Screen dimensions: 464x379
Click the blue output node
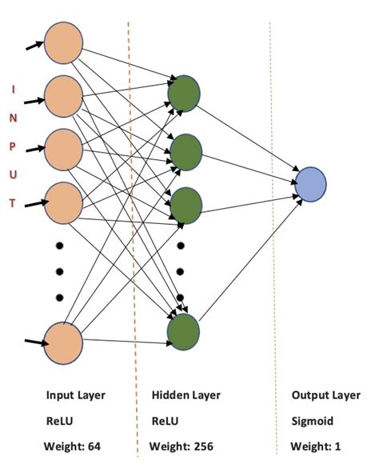click(310, 183)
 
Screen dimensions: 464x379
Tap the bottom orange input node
click(64, 342)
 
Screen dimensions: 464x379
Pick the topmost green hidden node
click(184, 93)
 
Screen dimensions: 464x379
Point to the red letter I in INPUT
click(12, 90)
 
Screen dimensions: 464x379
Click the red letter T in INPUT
click(12, 203)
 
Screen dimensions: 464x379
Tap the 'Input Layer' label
click(75, 396)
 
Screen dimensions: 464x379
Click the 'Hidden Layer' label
click(186, 396)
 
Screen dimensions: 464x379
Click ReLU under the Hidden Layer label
click(166, 421)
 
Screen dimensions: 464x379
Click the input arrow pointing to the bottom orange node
click(34, 343)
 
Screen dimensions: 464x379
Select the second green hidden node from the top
click(184, 149)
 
